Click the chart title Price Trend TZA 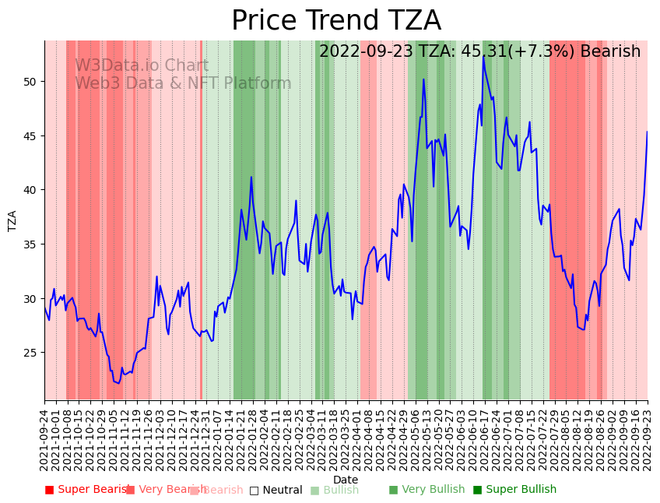(x=335, y=21)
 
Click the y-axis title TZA (x=12, y=220)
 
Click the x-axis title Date (x=346, y=480)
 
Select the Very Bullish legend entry (x=427, y=490)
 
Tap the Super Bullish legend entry (x=514, y=490)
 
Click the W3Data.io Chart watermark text (x=142, y=66)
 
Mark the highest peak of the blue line (x=483, y=55)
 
